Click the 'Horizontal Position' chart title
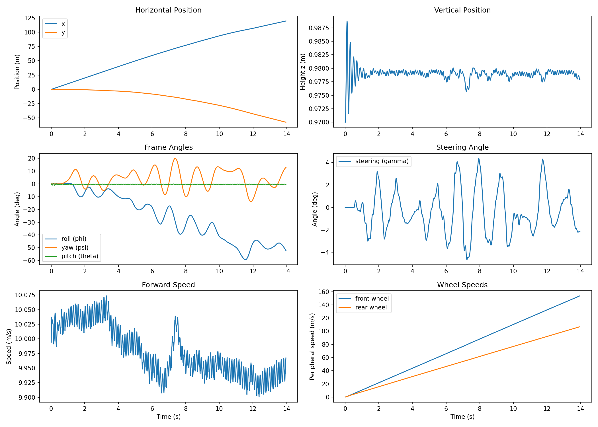tap(168, 10)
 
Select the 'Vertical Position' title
tap(462, 10)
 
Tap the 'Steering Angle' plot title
tap(462, 147)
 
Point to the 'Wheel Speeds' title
tap(462, 285)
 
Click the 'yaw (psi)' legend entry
tap(75, 248)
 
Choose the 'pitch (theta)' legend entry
tap(80, 256)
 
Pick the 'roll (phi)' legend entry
tap(74, 239)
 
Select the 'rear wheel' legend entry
tap(371, 307)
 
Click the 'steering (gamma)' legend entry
tap(382, 161)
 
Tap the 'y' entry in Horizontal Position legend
tap(63, 32)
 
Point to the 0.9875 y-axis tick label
tap(319, 28)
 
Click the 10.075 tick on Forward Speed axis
tap(25, 295)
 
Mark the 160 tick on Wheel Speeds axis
tap(324, 292)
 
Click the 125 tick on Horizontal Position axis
tap(30, 18)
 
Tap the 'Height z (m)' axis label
tap(303, 72)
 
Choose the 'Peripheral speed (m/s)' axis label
tap(312, 346)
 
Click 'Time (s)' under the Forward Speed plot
tap(168, 417)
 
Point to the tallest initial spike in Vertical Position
tap(347, 21)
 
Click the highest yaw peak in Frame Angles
tap(175, 159)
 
